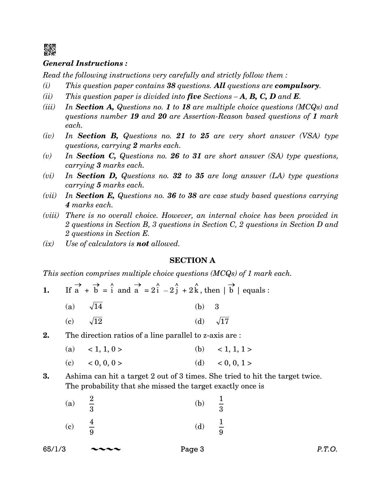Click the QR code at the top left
point(50,50)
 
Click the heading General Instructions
point(85,63)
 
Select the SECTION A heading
point(192,260)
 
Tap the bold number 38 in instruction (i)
point(171,86)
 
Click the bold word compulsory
point(297,86)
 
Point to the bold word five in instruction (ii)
point(194,96)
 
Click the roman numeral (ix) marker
point(48,244)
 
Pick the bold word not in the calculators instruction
point(142,244)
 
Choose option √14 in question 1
point(96,306)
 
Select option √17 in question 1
point(223,321)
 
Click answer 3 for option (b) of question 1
point(217,307)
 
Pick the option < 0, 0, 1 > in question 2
point(235,363)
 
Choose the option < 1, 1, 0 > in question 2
point(105,349)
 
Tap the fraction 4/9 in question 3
point(92,427)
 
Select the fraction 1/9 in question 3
point(221,427)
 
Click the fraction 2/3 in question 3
point(92,404)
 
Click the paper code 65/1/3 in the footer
point(54,449)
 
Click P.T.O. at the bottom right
point(327,449)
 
